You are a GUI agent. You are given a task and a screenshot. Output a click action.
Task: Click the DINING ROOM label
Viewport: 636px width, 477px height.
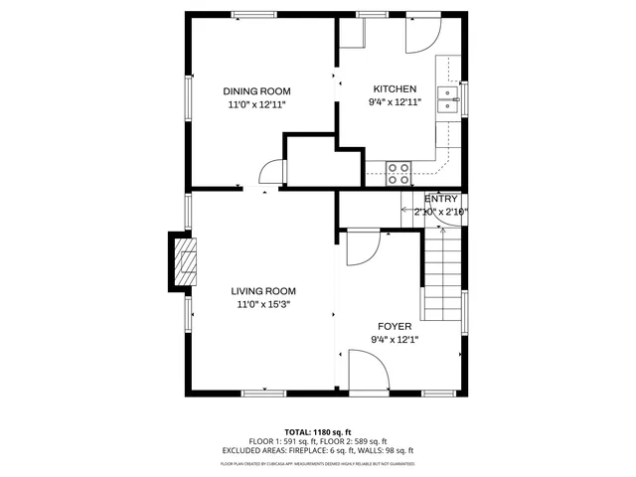click(x=255, y=90)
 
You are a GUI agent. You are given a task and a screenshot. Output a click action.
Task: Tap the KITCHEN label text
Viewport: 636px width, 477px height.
click(x=395, y=89)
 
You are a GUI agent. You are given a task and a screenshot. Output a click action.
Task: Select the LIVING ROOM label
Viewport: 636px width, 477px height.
click(x=264, y=291)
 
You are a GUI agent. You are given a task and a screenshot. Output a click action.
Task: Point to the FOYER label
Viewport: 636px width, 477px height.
click(x=395, y=326)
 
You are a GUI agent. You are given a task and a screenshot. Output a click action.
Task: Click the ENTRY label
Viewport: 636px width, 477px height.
click(x=441, y=199)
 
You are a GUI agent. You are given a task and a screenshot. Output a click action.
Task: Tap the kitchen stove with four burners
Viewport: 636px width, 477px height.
click(x=399, y=173)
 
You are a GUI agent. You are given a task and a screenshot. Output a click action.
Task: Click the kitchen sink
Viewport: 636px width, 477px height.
click(x=449, y=102)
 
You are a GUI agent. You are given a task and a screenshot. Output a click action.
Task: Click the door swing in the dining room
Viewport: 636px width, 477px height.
click(x=271, y=173)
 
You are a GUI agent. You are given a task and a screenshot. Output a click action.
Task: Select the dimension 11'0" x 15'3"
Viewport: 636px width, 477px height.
click(x=264, y=305)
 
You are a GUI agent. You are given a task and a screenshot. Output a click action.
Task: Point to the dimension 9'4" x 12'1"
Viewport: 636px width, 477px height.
click(x=395, y=340)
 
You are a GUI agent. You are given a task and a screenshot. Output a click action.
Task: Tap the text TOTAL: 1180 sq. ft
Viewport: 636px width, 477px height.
click(x=318, y=432)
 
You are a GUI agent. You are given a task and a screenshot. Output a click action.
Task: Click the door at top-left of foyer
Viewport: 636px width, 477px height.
click(x=359, y=247)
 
